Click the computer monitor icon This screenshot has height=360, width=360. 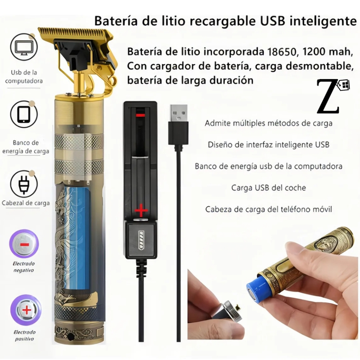point(24,47)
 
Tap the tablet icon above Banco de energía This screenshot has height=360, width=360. point(24,114)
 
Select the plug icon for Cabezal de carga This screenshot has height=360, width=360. point(24,184)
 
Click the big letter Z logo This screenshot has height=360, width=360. point(328,96)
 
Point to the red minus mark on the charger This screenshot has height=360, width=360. point(140,115)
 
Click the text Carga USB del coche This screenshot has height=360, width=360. point(269,188)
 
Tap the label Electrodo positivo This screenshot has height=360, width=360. point(24,335)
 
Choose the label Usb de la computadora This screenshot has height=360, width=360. point(24,77)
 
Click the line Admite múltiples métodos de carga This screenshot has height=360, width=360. point(269,123)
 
